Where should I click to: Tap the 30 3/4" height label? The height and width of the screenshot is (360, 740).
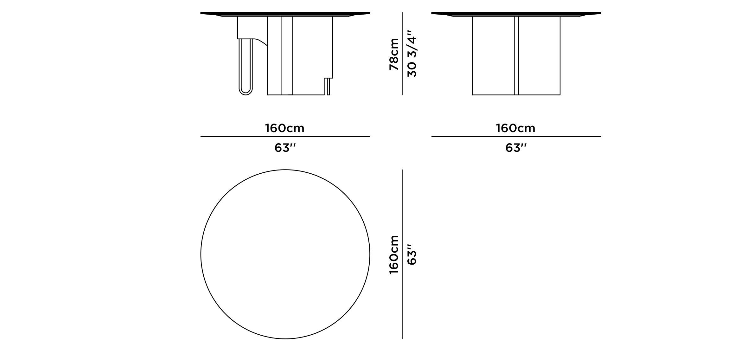412,54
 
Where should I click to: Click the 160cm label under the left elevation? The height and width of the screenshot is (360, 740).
285,128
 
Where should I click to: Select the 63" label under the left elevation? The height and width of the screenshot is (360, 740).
285,148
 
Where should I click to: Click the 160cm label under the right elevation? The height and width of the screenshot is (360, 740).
516,128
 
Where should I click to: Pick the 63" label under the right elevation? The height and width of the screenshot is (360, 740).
516,148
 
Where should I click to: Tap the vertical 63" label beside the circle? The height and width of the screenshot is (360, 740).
412,254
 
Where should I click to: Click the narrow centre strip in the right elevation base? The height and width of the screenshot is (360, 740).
516,55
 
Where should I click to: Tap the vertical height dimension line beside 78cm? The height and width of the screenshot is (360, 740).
402,54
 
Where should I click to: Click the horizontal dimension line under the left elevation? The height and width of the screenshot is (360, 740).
285,137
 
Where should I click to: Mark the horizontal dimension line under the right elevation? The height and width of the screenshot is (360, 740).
516,137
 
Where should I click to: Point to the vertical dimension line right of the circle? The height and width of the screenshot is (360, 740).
402,254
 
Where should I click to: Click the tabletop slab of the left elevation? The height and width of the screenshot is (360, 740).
285,13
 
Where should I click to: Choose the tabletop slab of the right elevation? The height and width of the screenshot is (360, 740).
516,13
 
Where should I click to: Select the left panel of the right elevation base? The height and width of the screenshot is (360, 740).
493,55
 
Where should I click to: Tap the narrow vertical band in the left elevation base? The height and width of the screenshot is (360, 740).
287,55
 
